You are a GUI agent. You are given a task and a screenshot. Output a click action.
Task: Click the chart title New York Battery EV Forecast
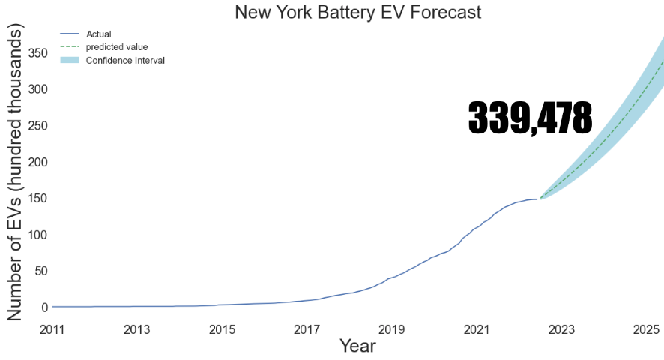coord(357,12)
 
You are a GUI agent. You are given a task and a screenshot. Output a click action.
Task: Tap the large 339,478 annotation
coord(530,118)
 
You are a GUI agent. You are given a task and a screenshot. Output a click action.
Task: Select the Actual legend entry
coord(98,34)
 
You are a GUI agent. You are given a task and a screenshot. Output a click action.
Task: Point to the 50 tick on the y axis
coord(42,271)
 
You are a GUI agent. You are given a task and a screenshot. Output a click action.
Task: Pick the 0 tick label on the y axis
coord(45,307)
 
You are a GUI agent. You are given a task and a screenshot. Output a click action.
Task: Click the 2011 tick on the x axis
coord(52,329)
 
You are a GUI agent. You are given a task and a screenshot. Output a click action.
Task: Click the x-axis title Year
coord(357,346)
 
